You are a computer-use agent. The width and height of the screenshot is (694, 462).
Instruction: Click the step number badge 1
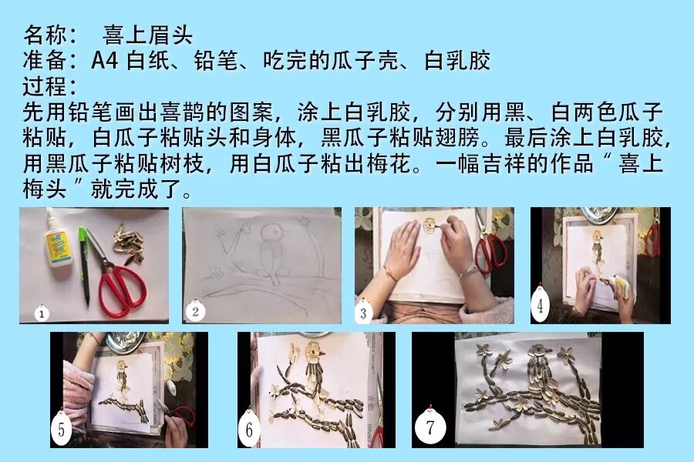(x=42, y=313)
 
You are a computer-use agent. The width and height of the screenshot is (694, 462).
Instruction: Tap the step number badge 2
(x=195, y=311)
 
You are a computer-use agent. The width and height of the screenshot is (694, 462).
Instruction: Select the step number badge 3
(x=363, y=313)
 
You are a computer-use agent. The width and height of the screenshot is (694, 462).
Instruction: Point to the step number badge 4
(x=540, y=305)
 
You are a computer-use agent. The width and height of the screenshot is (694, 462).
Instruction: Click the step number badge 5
(x=62, y=428)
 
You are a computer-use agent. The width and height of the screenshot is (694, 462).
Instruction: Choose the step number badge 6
(x=249, y=428)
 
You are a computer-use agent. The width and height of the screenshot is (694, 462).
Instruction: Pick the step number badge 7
(x=430, y=427)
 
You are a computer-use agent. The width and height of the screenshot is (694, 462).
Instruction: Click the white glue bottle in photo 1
(x=56, y=240)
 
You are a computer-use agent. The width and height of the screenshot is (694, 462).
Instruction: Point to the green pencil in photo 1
(x=84, y=266)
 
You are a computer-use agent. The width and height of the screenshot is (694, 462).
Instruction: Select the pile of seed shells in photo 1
(x=127, y=243)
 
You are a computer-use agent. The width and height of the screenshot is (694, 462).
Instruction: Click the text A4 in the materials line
(x=104, y=61)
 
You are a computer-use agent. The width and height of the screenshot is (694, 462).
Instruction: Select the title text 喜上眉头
(x=147, y=35)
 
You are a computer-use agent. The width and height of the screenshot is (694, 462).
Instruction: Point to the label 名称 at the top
(x=45, y=35)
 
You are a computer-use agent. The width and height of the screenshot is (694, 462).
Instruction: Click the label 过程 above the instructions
(x=45, y=86)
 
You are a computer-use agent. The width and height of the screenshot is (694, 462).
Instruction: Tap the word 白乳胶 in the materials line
(x=457, y=61)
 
